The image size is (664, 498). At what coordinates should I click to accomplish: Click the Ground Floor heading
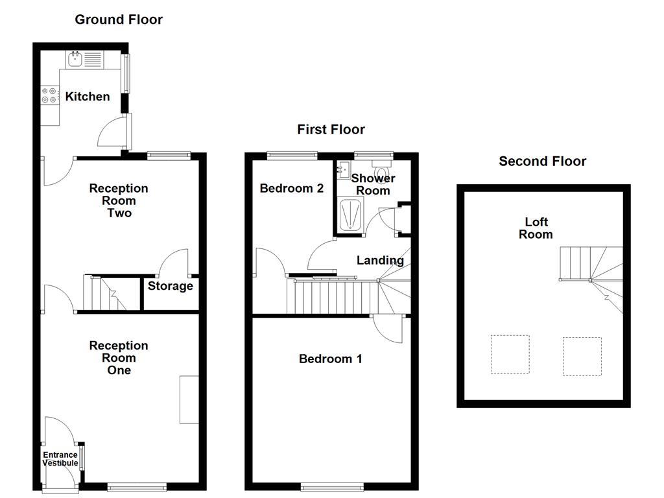click(119, 19)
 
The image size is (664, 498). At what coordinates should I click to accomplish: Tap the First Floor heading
click(331, 130)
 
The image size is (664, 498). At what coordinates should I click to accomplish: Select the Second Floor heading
click(542, 161)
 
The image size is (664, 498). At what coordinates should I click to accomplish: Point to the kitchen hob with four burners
click(49, 96)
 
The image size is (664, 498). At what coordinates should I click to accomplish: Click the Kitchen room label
click(88, 97)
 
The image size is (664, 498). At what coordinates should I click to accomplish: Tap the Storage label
click(171, 286)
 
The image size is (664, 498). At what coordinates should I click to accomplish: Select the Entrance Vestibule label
click(60, 459)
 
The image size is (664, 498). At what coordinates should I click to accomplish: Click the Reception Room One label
click(119, 358)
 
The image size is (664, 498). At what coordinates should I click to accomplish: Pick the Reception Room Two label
click(119, 200)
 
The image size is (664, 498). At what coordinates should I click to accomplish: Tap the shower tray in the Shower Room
click(351, 215)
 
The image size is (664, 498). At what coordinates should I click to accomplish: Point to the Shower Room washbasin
click(342, 171)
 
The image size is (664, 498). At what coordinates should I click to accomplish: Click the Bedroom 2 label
click(291, 189)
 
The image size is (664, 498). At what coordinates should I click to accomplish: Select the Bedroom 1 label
click(330, 359)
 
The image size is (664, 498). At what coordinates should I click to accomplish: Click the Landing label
click(380, 261)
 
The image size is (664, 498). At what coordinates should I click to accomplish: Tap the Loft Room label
click(536, 228)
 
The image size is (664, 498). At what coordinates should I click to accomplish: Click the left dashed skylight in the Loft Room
click(509, 354)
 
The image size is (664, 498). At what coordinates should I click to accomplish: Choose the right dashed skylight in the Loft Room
click(582, 356)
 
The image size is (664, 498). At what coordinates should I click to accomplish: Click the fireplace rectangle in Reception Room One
click(189, 399)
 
